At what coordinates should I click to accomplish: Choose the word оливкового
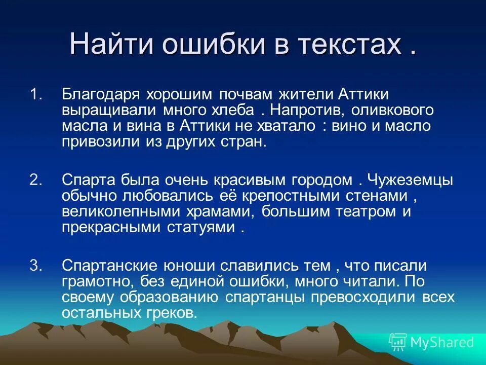tap(391, 109)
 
